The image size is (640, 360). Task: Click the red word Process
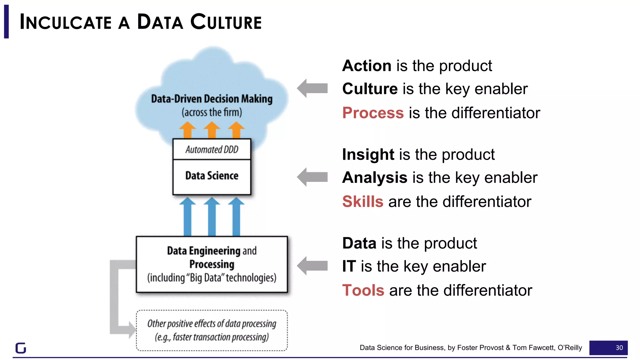pos(373,113)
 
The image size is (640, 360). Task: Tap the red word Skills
pos(362,202)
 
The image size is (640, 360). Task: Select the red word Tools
pos(363,290)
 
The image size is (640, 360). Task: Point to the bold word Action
pos(367,66)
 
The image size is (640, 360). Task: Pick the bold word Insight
pos(368,155)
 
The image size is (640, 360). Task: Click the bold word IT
pos(349,267)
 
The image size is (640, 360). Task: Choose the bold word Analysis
pos(375,178)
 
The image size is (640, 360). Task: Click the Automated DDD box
pos(212,149)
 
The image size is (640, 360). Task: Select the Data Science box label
pos(212,176)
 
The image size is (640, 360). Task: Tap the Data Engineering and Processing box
pos(212,264)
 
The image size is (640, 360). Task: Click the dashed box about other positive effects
pos(212,330)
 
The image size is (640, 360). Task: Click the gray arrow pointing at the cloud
pos(312,88)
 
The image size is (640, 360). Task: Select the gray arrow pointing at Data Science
pos(312,177)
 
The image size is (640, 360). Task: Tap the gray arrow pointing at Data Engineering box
pos(312,266)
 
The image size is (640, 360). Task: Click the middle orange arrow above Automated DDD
pos(212,130)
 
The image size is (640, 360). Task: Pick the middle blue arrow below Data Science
pos(212,216)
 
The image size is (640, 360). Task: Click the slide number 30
pos(619,348)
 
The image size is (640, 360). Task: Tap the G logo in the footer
pos(21,348)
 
